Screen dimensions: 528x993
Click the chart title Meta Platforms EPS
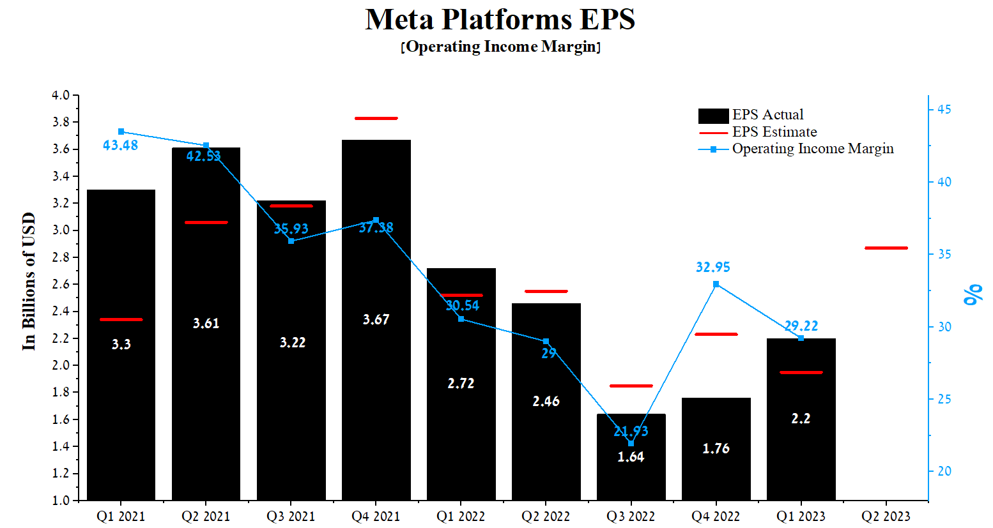(x=500, y=19)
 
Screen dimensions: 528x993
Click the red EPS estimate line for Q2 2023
(x=886, y=248)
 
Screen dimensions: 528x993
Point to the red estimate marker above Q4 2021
(x=376, y=118)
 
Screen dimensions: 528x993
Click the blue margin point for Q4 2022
(x=716, y=284)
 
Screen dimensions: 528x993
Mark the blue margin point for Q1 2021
(x=121, y=132)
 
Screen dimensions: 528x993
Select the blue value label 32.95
(x=712, y=267)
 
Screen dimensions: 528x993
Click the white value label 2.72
(x=461, y=383)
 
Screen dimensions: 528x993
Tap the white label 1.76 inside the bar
(x=716, y=448)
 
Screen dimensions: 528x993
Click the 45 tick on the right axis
(x=944, y=110)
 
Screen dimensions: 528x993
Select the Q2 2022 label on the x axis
(x=546, y=516)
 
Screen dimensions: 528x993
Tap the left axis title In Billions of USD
(x=29, y=281)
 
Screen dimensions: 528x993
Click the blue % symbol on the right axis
(x=973, y=294)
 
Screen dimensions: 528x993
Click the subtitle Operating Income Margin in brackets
(x=500, y=47)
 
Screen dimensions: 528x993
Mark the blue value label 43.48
(x=120, y=146)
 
